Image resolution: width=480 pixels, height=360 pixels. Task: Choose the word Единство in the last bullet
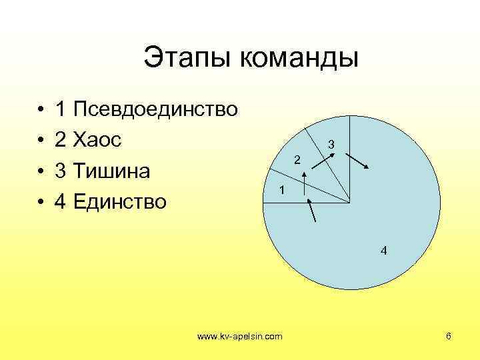click(x=121, y=201)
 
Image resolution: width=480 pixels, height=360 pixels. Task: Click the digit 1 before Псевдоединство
click(x=61, y=109)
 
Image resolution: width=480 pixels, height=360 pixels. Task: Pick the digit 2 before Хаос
click(x=61, y=140)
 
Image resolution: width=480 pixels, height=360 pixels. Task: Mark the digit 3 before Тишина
click(x=61, y=171)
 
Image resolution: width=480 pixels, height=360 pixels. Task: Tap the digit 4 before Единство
click(x=61, y=201)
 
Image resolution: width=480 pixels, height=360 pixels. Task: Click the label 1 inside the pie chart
click(x=283, y=190)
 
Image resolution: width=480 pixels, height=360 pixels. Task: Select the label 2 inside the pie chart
click(x=298, y=159)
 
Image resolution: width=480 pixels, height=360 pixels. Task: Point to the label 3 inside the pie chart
click(x=331, y=145)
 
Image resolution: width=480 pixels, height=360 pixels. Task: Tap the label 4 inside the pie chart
click(x=383, y=251)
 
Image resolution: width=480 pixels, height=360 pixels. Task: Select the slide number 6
click(x=449, y=336)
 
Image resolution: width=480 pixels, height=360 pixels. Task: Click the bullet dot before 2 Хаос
click(x=41, y=141)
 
